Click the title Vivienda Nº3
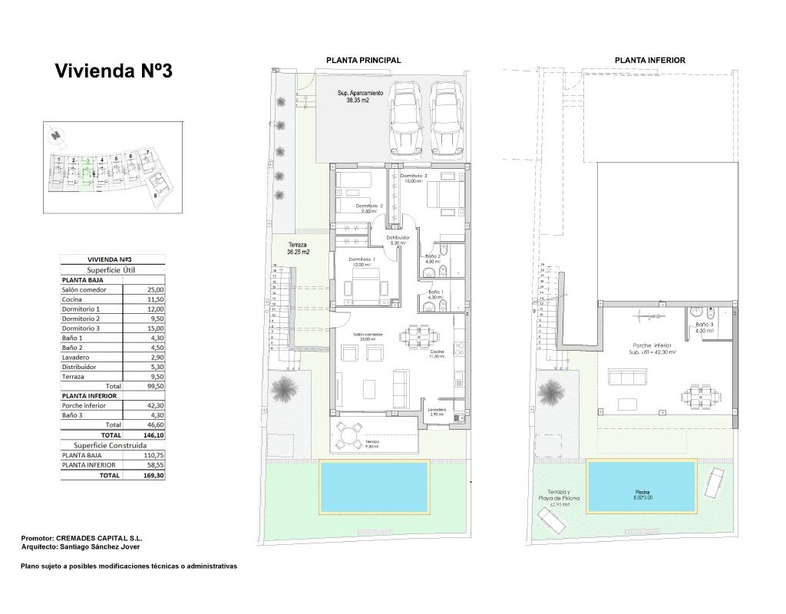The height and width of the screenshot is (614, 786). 114,71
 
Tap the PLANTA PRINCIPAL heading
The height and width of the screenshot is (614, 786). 363,61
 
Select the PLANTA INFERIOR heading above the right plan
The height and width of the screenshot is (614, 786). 649,61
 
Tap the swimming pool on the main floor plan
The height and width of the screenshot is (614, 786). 374,487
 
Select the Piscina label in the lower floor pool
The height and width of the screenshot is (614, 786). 642,493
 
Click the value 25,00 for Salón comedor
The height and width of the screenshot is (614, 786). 154,290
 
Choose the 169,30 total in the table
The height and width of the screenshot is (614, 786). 154,475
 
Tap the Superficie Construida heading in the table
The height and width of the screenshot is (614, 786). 113,444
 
